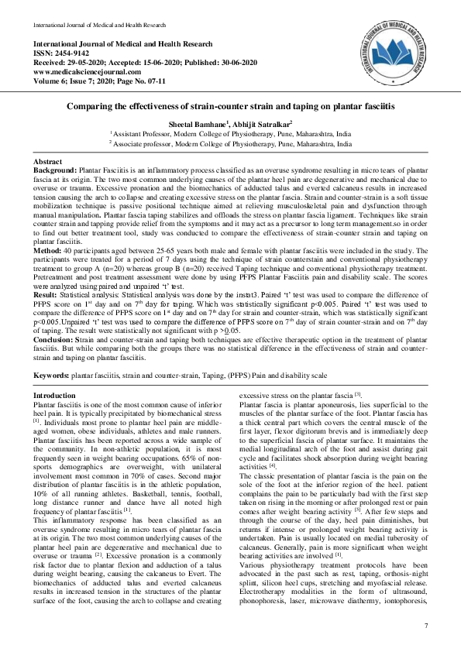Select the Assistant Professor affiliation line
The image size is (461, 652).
tap(231, 133)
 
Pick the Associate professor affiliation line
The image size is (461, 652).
tap(231, 143)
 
